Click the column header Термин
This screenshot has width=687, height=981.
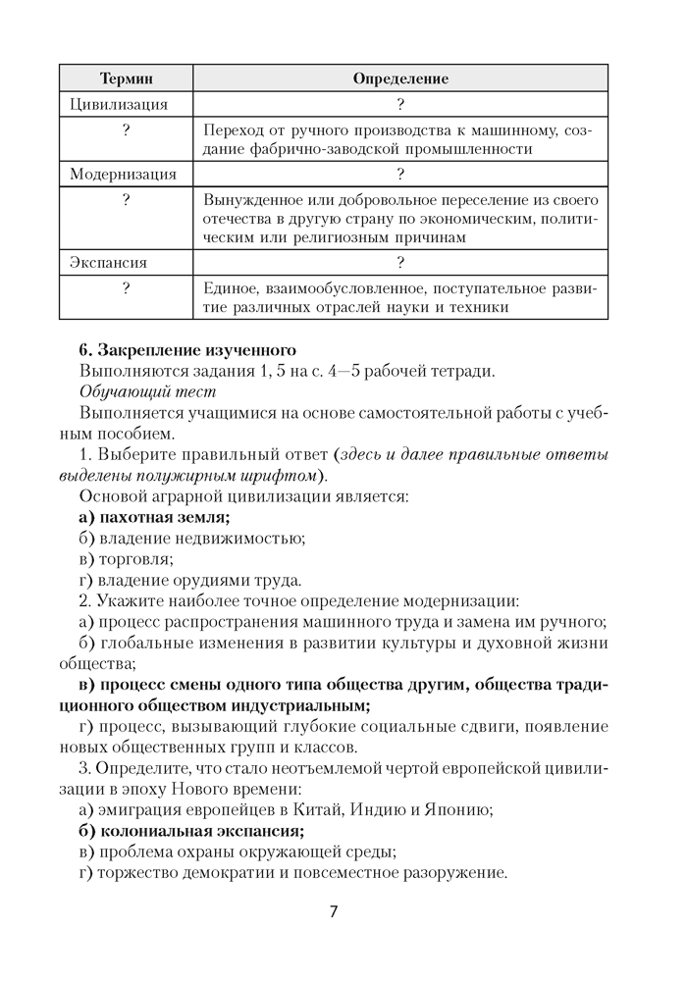[126, 77]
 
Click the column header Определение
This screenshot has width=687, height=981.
[400, 77]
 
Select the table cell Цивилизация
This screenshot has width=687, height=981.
[119, 104]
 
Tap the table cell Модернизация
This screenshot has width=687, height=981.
[124, 175]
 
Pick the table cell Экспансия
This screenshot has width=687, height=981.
[109, 263]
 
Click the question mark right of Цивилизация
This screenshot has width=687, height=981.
[400, 104]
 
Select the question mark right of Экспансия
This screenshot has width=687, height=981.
[400, 263]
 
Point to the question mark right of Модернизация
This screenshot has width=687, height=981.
[400, 175]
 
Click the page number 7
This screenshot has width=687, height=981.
[334, 911]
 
